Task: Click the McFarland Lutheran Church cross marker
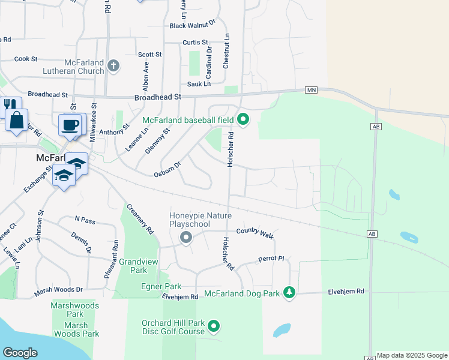[x=113, y=65]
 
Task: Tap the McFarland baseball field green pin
[x=243, y=119]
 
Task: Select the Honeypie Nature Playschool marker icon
[x=186, y=238]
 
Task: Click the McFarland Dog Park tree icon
[x=290, y=293]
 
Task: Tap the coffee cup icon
[x=70, y=125]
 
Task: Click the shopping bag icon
[x=17, y=119]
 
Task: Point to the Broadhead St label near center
[x=158, y=97]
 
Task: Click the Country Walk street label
[x=255, y=232]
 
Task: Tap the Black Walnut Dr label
[x=192, y=25]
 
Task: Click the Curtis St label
[x=196, y=43]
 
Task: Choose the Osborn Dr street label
[x=168, y=169]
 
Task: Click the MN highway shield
[x=311, y=89]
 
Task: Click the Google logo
[x=20, y=353]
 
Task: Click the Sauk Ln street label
[x=199, y=84]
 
